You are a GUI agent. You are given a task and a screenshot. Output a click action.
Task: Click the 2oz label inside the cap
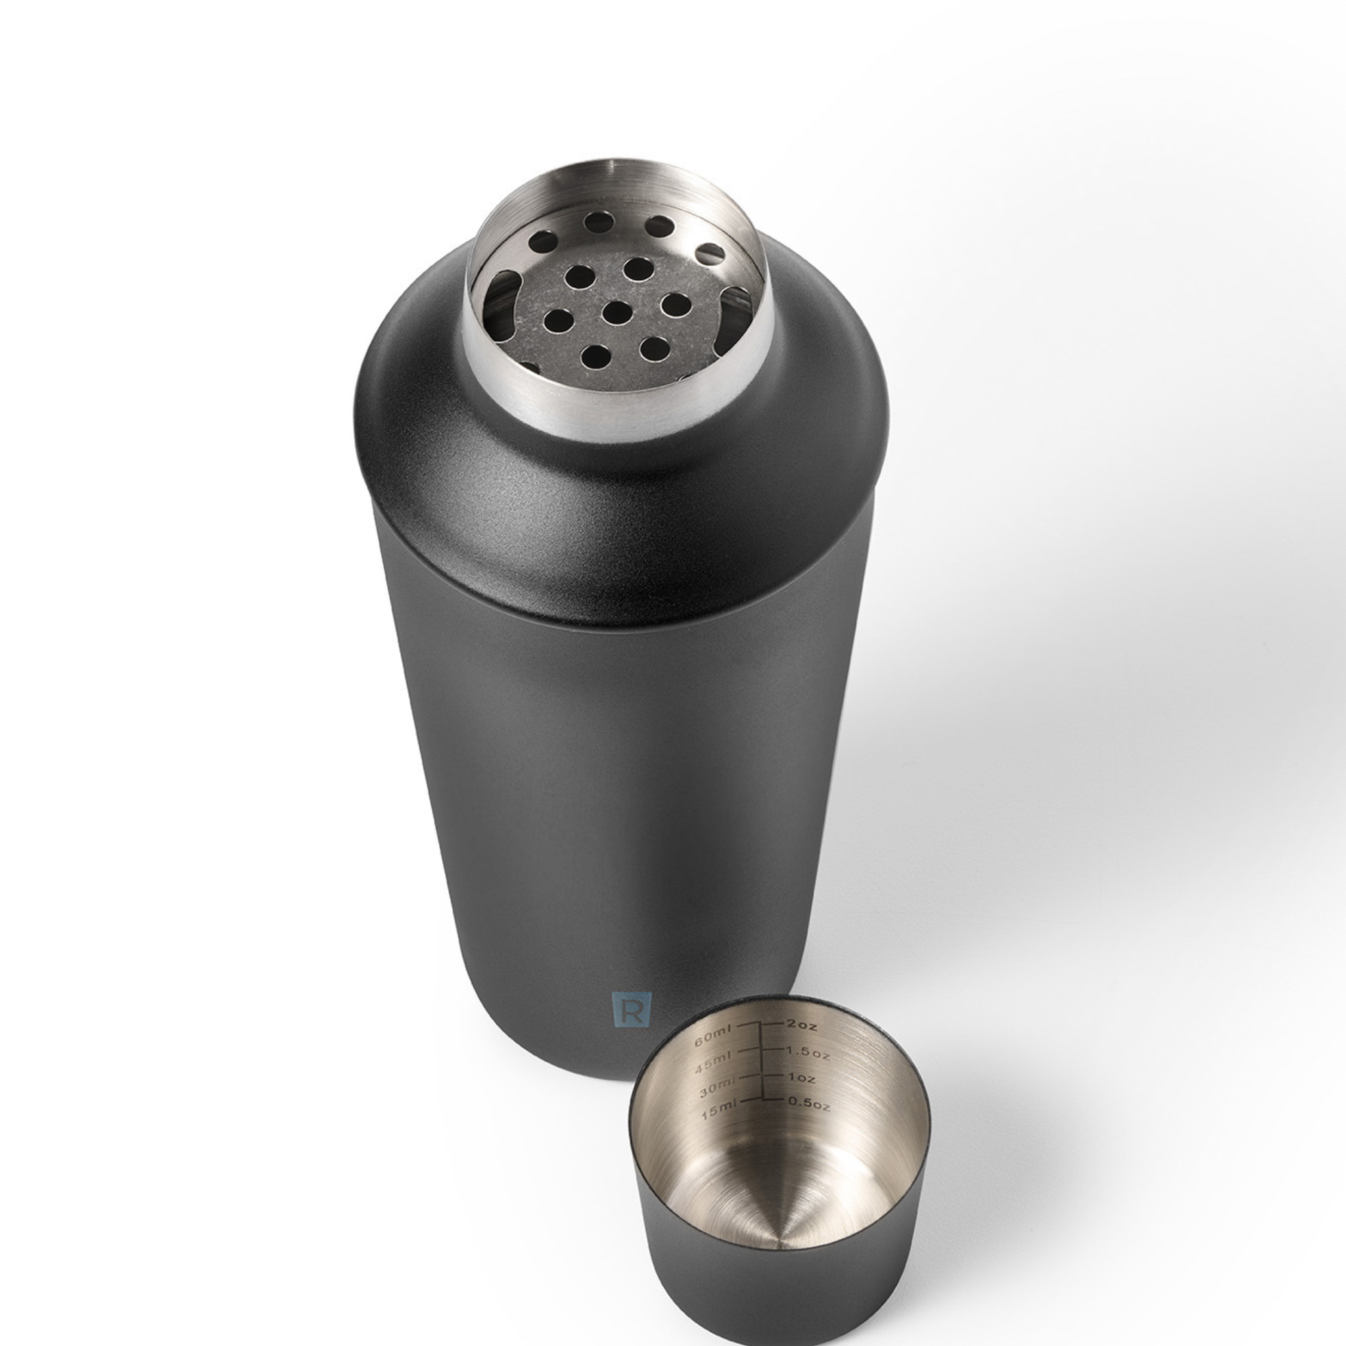(x=802, y=1025)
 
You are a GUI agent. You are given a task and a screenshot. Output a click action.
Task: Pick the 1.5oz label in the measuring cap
(x=808, y=1052)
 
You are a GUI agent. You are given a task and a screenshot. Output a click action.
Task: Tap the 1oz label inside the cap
(x=801, y=1079)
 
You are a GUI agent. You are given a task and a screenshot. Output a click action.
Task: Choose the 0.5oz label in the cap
(x=809, y=1103)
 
